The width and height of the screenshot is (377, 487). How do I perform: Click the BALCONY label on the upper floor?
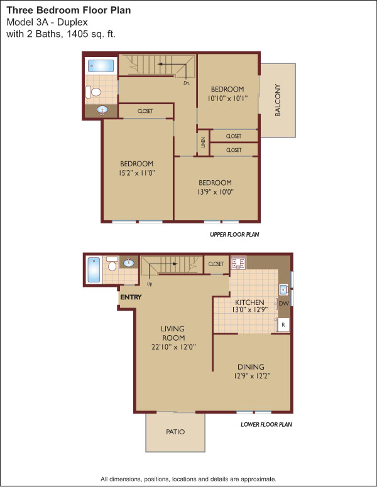click(x=278, y=100)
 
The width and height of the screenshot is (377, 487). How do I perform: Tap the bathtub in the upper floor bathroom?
click(x=101, y=66)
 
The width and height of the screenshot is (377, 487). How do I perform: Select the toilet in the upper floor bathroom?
click(x=94, y=92)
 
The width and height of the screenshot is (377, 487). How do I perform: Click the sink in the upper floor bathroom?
click(x=102, y=110)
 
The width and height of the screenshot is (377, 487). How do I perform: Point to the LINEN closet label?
click(x=203, y=142)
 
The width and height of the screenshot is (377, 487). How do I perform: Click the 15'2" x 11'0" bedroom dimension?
click(x=137, y=173)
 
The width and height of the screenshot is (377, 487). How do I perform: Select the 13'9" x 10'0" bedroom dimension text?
click(x=216, y=192)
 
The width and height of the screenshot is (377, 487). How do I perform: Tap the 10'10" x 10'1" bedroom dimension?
click(x=227, y=99)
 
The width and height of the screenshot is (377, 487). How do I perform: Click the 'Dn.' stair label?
click(x=187, y=83)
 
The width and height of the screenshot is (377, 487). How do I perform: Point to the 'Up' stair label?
click(x=150, y=284)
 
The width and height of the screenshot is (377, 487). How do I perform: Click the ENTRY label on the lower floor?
click(x=131, y=297)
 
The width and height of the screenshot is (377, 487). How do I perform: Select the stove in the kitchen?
click(x=238, y=263)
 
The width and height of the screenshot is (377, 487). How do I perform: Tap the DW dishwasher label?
click(x=283, y=304)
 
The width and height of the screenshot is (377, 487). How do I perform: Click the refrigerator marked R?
click(x=283, y=325)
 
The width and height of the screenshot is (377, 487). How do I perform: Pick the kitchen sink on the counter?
click(x=283, y=290)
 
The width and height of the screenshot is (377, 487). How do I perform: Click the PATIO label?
click(x=175, y=432)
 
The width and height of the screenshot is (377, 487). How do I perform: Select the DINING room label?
click(x=251, y=367)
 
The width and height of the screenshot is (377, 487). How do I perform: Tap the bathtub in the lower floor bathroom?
click(x=94, y=270)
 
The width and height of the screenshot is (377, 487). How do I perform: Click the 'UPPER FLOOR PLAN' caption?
click(x=234, y=235)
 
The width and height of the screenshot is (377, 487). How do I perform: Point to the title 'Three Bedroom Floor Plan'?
click(x=68, y=10)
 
